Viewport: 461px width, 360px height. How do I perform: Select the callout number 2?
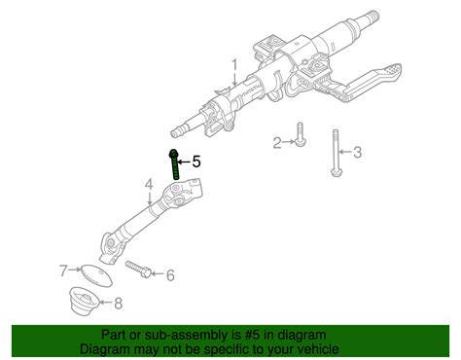277,143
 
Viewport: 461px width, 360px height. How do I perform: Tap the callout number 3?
357,151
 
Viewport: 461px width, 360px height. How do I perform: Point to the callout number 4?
149,184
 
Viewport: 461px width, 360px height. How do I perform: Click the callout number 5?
195,162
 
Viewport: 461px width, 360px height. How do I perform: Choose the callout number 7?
63,270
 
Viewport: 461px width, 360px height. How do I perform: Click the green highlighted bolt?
173,163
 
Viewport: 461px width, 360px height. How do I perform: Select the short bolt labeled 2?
299,136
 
